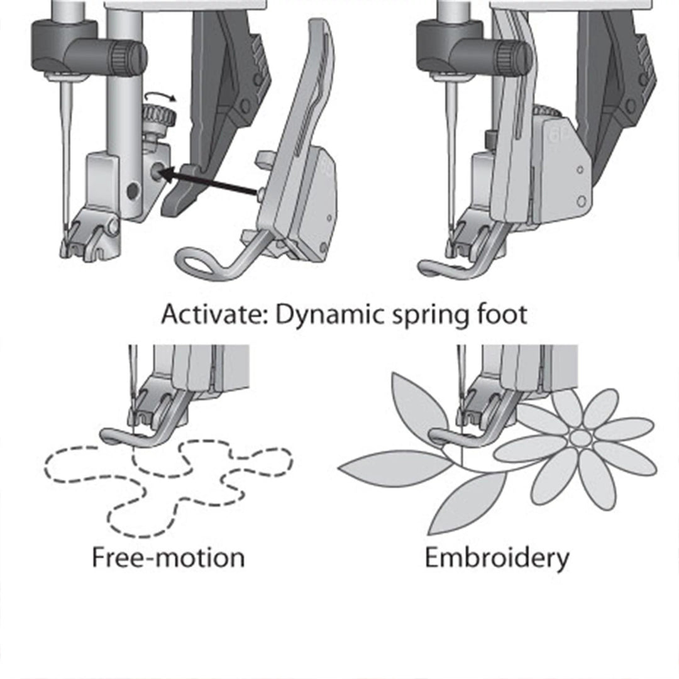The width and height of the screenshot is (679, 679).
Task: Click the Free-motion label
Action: [168, 557]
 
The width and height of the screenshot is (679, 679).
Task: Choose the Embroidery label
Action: [497, 557]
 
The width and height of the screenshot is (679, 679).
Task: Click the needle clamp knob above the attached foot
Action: [516, 57]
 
